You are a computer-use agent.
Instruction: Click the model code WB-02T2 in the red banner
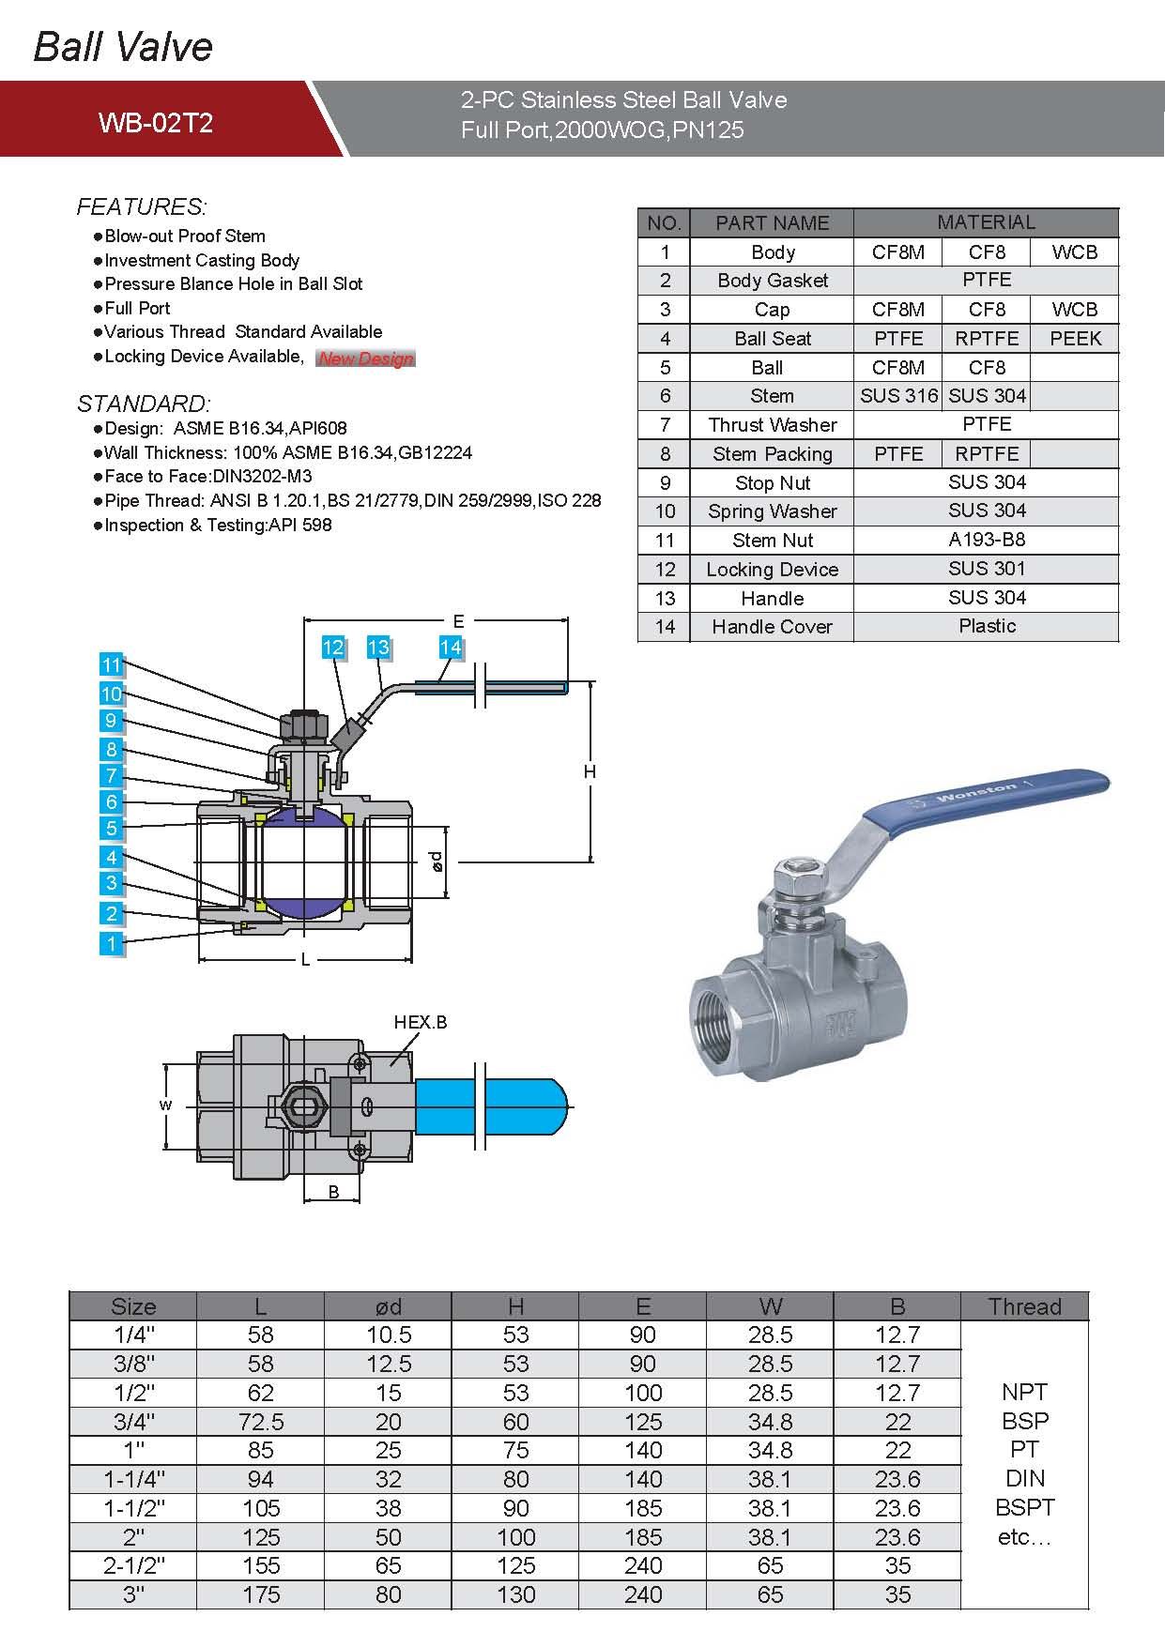pos(156,123)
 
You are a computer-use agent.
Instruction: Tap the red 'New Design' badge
pos(365,358)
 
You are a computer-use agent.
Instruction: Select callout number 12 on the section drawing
pos(333,648)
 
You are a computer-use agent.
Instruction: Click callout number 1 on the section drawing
pos(112,943)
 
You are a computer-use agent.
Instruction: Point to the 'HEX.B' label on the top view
pos(420,1022)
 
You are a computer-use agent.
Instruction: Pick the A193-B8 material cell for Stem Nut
pos(986,540)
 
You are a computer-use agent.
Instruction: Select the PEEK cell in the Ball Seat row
pos(1075,339)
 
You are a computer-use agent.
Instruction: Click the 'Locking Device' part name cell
pos(772,570)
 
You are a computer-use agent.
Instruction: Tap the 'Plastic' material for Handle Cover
pos(986,626)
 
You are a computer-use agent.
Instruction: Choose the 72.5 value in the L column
pos(260,1422)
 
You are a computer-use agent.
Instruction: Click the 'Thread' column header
pos(1024,1306)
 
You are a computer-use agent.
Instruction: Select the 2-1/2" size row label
pos(133,1565)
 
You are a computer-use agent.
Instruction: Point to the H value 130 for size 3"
pos(515,1594)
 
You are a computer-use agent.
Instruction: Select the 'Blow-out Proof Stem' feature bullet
pos(185,236)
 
